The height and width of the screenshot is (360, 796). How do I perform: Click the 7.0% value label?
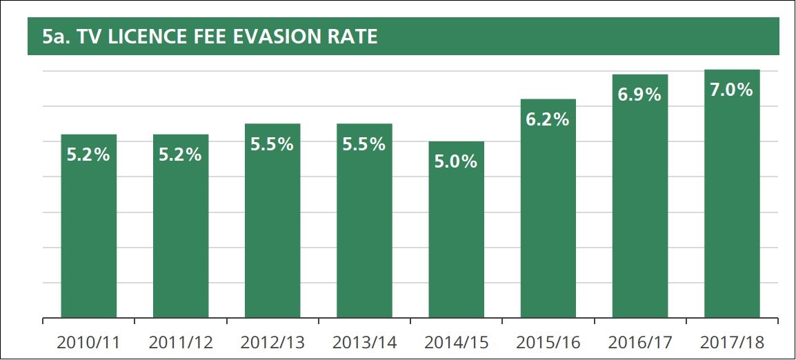click(732, 90)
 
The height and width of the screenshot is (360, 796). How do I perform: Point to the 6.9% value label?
click(639, 94)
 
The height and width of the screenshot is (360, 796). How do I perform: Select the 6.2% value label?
click(548, 119)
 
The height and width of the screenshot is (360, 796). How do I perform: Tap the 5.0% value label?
click(456, 161)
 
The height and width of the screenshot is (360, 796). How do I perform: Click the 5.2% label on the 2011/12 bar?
click(180, 154)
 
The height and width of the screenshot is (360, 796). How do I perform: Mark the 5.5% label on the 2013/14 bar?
click(364, 144)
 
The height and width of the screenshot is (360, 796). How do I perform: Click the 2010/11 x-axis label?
click(88, 342)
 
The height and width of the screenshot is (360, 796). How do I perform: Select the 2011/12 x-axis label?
click(180, 342)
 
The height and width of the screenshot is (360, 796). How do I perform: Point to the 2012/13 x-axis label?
click(272, 342)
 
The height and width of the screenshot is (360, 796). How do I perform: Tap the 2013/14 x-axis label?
click(364, 342)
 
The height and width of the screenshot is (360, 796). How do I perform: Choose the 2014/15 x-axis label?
click(456, 342)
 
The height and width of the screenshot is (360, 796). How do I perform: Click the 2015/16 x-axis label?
click(548, 342)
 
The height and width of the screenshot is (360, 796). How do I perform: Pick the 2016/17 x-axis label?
click(639, 342)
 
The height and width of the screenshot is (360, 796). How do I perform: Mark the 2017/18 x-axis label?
click(732, 342)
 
